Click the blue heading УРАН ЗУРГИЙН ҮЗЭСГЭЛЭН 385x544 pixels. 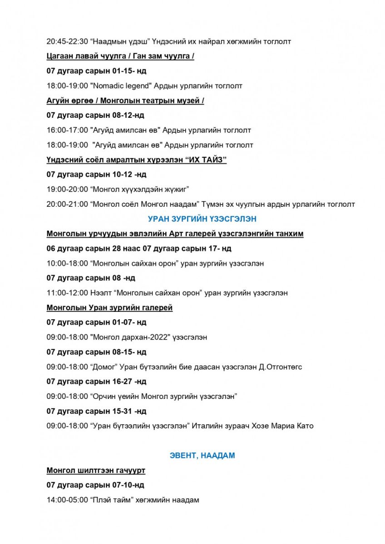tap(202, 219)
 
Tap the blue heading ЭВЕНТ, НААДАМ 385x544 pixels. tap(202, 456)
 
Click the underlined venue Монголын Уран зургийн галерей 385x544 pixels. tap(109, 308)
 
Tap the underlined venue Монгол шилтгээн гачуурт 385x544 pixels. tap(96, 471)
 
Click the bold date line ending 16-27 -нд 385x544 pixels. tap(96, 382)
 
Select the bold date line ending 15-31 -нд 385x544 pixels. tap(96, 411)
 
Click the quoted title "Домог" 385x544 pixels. tap(105, 367)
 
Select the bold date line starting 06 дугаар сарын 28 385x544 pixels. tap(139, 248)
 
